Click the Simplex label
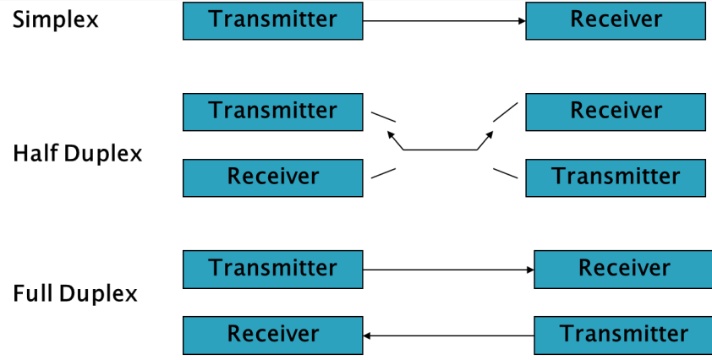(x=56, y=19)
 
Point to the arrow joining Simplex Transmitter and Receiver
(x=444, y=21)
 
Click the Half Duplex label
(x=78, y=154)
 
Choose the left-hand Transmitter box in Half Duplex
(x=273, y=112)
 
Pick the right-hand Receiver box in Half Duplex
(x=616, y=112)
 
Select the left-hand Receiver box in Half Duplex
(x=273, y=177)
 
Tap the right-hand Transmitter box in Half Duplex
(x=616, y=177)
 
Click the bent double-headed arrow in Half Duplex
(x=441, y=149)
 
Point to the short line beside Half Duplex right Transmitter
(x=505, y=173)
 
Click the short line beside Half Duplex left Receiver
(x=383, y=173)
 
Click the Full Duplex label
(x=75, y=294)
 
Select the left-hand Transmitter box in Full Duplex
(x=273, y=270)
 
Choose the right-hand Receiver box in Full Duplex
(x=623, y=270)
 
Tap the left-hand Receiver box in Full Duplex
(x=273, y=335)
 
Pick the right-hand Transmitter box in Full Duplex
(x=623, y=335)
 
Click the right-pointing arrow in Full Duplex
(x=448, y=270)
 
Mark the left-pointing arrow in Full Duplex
(x=448, y=335)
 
